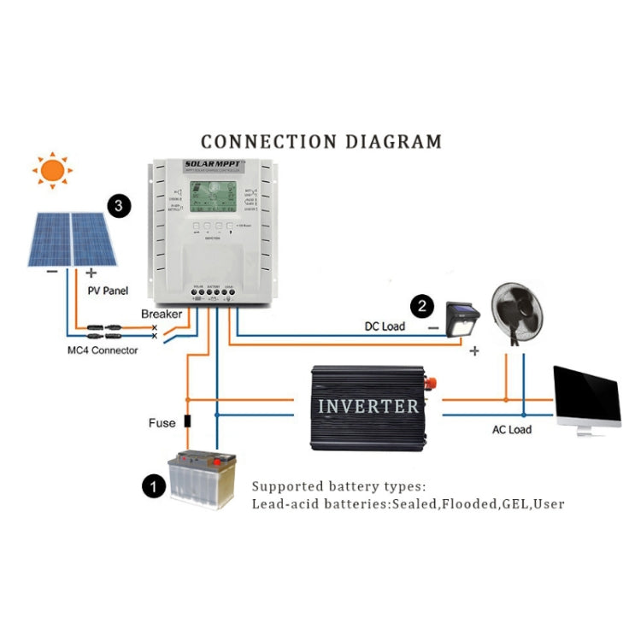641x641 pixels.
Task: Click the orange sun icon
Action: click(x=53, y=171)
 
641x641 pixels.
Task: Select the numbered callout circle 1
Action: click(x=152, y=487)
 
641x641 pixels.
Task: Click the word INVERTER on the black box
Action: click(x=368, y=406)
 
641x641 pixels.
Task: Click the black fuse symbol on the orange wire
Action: click(x=188, y=421)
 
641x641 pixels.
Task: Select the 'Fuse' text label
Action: click(x=162, y=422)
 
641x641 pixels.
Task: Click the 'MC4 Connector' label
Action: click(x=103, y=350)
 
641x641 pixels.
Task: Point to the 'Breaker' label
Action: click(x=162, y=315)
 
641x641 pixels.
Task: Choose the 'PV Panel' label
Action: click(x=108, y=291)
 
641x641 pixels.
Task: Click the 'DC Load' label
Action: click(x=385, y=326)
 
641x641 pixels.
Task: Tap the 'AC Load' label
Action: click(x=511, y=429)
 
